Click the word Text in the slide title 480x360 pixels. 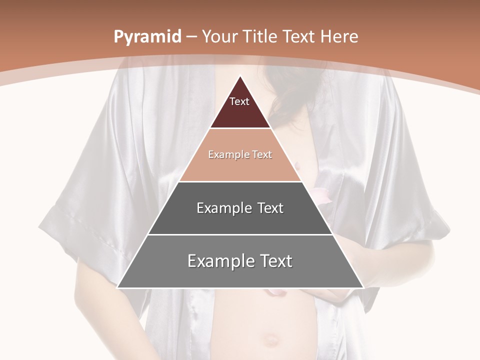298,36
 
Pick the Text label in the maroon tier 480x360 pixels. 239,102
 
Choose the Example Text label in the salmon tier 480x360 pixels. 240,155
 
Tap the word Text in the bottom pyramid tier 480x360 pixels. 275,261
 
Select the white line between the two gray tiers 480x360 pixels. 240,234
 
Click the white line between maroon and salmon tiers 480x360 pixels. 240,128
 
